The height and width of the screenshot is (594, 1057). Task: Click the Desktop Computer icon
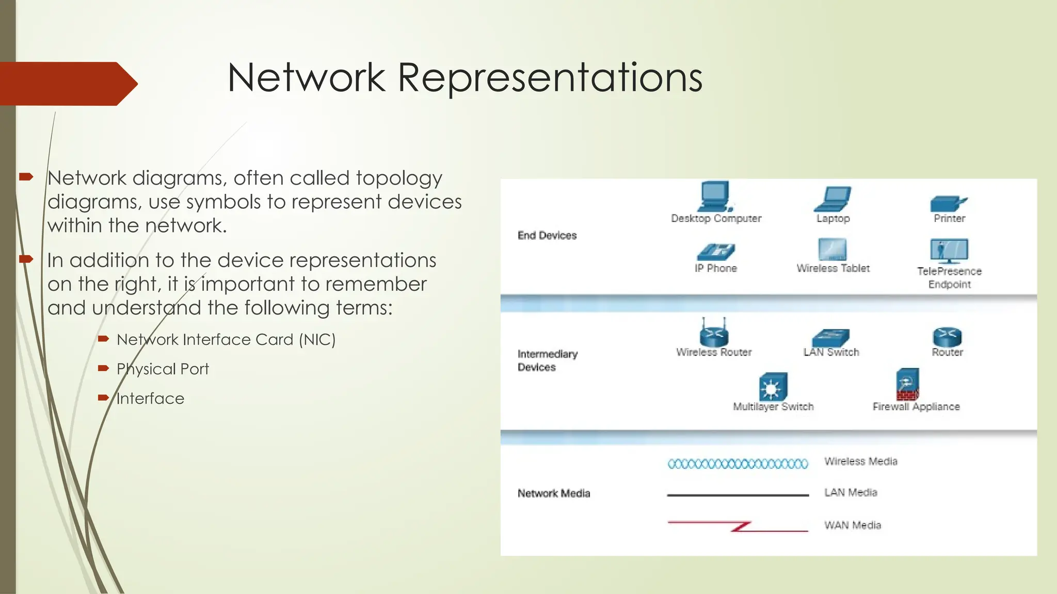[x=715, y=196]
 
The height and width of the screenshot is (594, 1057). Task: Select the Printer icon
[x=948, y=204]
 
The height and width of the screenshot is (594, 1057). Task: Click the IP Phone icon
[x=716, y=252]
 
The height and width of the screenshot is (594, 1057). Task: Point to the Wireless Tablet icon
[x=832, y=250]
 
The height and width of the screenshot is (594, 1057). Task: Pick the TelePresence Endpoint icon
[x=949, y=251]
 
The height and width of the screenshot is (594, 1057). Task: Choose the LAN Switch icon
[x=830, y=338]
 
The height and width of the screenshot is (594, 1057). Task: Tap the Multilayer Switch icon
[x=773, y=387]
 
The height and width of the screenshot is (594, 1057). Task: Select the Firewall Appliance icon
[x=908, y=385]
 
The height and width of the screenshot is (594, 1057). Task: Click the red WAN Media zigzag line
[x=738, y=526]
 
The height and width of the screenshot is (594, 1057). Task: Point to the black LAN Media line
[x=738, y=495]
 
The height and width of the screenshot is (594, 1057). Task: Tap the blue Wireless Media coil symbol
[x=738, y=464]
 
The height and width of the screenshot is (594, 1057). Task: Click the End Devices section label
[x=547, y=236]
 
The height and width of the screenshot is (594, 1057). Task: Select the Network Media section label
[x=554, y=493]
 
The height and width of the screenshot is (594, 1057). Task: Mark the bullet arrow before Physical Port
[x=103, y=368]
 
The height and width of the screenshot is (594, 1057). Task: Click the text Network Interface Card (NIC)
[x=226, y=340]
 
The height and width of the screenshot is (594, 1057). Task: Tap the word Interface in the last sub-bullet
[x=150, y=399]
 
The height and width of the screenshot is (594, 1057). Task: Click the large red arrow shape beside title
[x=67, y=84]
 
